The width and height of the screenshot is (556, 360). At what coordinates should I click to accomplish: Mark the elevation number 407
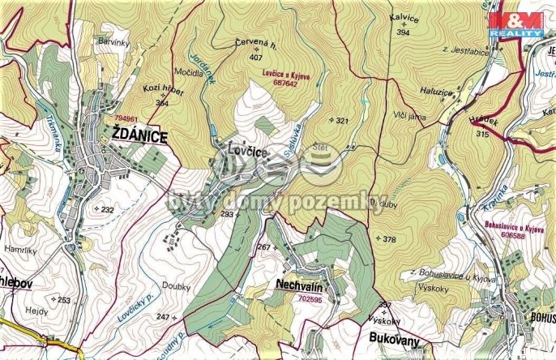click(x=256, y=58)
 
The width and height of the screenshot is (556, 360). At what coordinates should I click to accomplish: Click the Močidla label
click(x=188, y=72)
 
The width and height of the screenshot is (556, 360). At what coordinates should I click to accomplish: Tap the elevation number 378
click(x=389, y=239)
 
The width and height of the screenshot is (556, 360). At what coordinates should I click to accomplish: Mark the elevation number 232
click(x=107, y=209)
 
